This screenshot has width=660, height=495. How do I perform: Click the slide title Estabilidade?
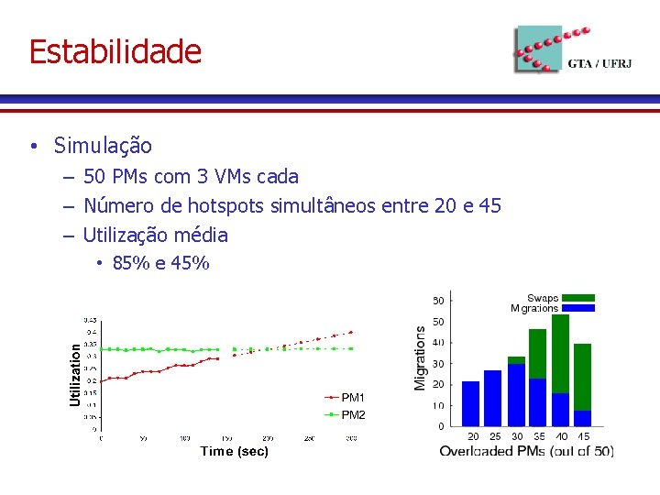115,51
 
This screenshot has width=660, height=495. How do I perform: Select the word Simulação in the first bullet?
103,146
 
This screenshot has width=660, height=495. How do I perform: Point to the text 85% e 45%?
160,264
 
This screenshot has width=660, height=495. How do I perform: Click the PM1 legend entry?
352,398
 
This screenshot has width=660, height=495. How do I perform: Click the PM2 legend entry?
352,414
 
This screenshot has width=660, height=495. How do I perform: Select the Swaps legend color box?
578,298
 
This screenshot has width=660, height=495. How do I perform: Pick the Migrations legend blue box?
578,309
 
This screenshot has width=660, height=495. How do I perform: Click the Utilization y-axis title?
75,369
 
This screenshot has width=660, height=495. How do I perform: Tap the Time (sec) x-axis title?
234,451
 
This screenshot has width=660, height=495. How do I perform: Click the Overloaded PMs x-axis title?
526,451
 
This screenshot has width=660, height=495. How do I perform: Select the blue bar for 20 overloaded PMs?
471,403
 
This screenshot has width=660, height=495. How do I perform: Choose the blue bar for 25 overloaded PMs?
493,399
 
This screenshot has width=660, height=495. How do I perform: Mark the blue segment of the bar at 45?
583,418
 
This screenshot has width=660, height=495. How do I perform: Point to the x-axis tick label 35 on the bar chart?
538,436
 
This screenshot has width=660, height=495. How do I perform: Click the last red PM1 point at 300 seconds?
351,332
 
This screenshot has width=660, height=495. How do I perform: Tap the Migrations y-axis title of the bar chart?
420,357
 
